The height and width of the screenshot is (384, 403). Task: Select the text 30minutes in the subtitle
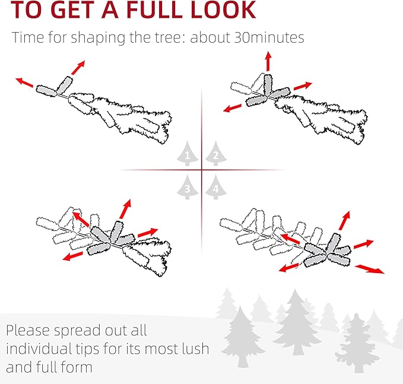click(x=269, y=37)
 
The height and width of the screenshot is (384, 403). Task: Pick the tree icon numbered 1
click(x=188, y=154)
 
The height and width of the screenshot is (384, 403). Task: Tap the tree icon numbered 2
click(x=216, y=154)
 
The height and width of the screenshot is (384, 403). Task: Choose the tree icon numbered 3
click(x=188, y=187)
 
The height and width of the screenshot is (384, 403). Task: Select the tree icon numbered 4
click(x=216, y=187)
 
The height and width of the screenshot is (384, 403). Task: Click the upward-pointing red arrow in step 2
click(x=268, y=61)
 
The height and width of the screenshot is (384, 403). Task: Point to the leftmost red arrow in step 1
click(x=24, y=82)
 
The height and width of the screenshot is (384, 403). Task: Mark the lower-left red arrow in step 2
click(x=232, y=108)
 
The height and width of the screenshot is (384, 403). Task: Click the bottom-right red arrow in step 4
click(x=370, y=269)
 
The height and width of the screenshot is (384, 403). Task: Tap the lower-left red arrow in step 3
click(x=73, y=256)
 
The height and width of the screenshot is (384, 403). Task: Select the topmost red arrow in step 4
click(x=344, y=221)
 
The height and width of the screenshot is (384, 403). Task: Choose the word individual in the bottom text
click(x=38, y=348)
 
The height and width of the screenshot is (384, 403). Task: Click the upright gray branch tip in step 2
click(x=268, y=85)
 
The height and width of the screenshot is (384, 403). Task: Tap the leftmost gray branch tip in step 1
click(x=46, y=91)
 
